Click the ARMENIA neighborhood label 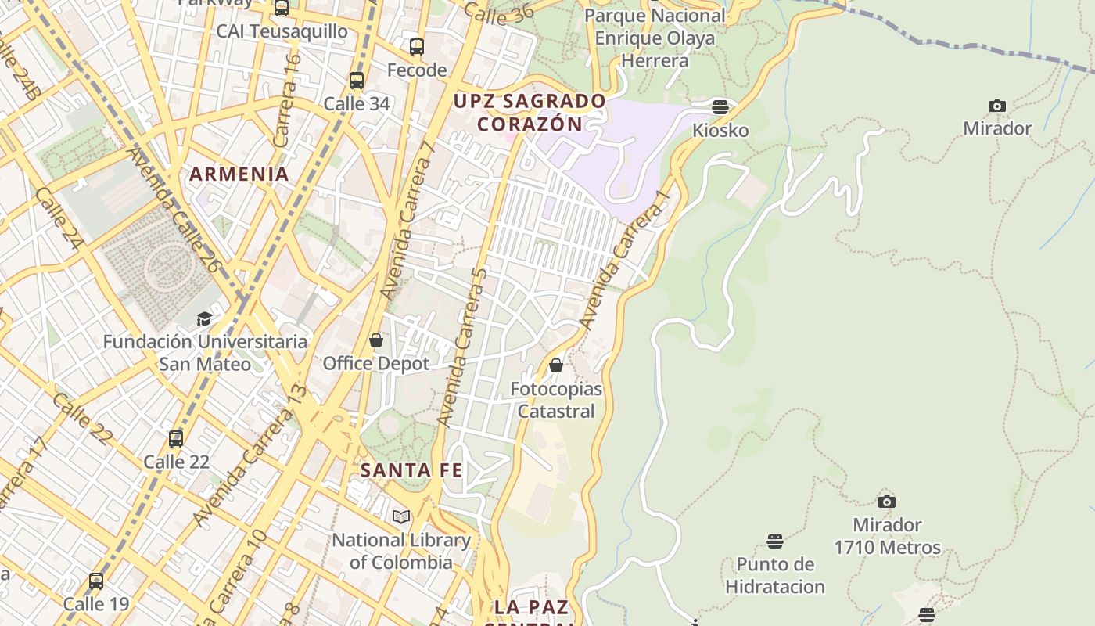click(x=239, y=174)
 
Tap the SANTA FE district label click(x=411, y=470)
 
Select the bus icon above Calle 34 click(x=357, y=80)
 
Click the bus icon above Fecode click(x=417, y=46)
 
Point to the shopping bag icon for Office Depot click(x=376, y=340)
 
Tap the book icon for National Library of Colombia click(x=401, y=516)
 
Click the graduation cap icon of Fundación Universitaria click(x=204, y=318)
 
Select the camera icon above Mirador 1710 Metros click(x=886, y=502)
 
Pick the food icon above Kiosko click(x=720, y=106)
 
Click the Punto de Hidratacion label click(x=774, y=575)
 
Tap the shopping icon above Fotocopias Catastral click(x=556, y=365)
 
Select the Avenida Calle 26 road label click(x=173, y=210)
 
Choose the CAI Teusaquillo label click(x=282, y=31)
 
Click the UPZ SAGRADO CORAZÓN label click(x=530, y=113)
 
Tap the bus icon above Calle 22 click(x=176, y=438)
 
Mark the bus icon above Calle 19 click(x=96, y=581)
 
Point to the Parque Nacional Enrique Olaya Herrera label click(x=654, y=38)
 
